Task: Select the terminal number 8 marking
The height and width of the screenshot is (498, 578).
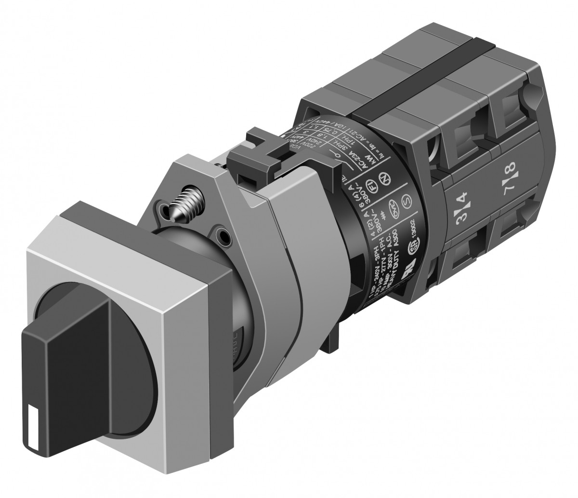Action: [511, 172]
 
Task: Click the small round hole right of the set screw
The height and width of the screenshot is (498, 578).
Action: [223, 236]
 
